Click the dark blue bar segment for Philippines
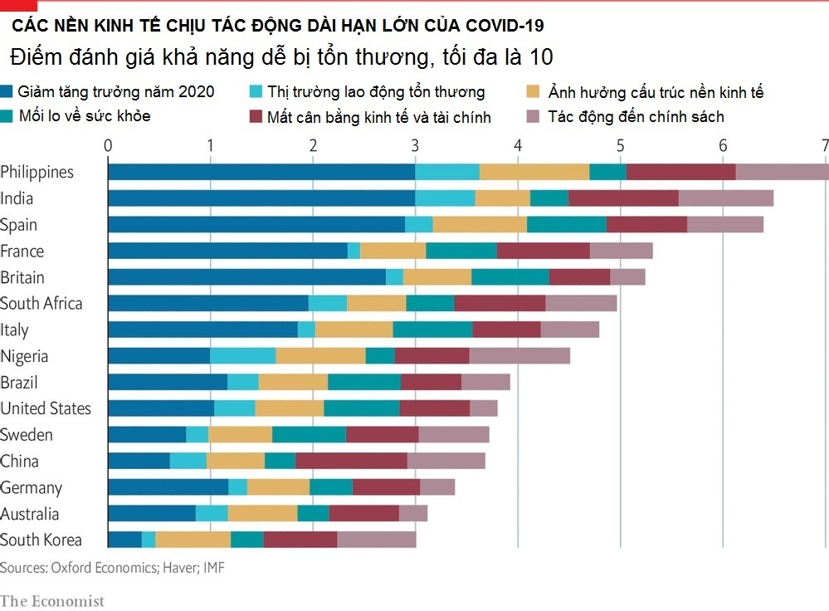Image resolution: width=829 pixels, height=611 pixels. [261, 172]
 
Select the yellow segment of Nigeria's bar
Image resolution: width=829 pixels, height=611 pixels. [320, 356]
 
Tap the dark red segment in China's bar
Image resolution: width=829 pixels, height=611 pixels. [351, 461]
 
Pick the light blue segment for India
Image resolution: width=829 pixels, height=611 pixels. [445, 198]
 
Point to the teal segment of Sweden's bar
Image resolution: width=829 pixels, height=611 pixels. [309, 435]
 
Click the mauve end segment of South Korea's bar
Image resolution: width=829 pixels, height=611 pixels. [377, 540]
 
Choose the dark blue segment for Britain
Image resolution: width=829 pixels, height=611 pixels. [247, 277]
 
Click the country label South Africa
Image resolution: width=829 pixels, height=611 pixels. [41, 303]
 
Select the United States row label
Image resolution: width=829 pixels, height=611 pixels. [46, 408]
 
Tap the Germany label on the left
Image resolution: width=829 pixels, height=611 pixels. [32, 487]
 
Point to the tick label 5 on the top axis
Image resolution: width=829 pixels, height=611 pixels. [620, 144]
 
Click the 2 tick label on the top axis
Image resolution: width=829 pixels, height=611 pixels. [313, 144]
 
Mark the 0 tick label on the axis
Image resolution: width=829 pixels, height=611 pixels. [108, 144]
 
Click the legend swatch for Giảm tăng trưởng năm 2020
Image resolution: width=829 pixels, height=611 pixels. [7, 92]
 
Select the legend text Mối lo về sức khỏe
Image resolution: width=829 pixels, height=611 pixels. [84, 116]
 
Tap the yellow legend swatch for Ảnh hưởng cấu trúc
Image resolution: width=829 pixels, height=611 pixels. [534, 92]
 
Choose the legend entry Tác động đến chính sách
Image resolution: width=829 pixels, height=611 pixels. [636, 116]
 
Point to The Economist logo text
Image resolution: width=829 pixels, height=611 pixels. [52, 600]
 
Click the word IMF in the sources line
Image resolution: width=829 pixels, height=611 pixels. [214, 568]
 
